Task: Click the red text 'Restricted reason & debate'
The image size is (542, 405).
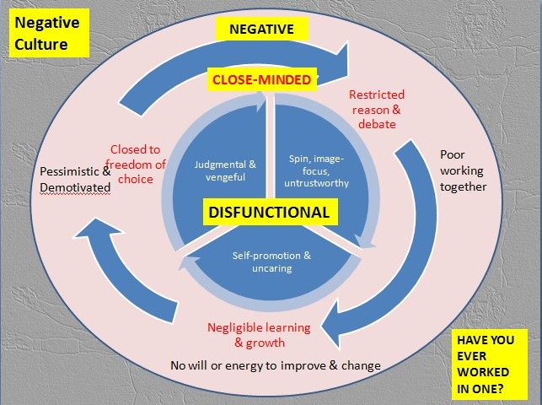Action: pos(377,110)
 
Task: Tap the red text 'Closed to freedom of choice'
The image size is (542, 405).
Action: pos(138,164)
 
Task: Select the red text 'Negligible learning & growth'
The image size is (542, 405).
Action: pos(260,335)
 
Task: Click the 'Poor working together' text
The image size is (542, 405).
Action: pos(463,170)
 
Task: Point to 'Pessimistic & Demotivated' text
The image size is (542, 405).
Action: pos(75,180)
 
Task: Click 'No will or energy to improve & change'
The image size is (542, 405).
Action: pos(276,365)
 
